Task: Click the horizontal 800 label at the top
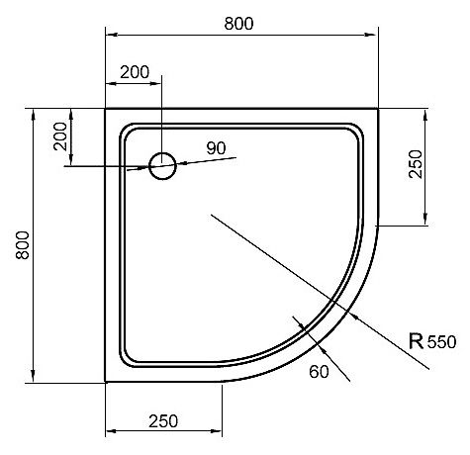238,24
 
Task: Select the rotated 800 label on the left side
23,245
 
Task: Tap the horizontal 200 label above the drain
135,72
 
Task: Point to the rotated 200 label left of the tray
60,136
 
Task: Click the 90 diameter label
216,148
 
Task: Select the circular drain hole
162,166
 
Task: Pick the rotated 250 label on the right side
416,164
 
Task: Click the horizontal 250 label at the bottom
163,421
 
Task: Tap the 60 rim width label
319,372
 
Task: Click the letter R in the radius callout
416,341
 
